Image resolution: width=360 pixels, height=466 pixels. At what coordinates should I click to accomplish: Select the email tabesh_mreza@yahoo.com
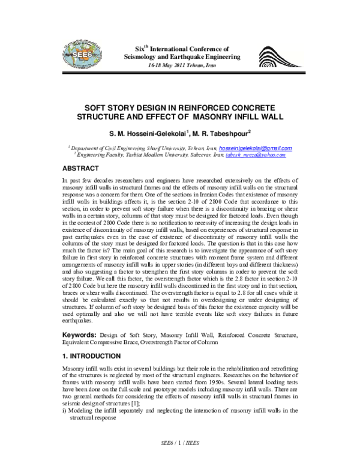pyautogui.click(x=256, y=154)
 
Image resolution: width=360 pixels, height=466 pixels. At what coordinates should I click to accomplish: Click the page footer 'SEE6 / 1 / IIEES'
pyautogui.click(x=180, y=457)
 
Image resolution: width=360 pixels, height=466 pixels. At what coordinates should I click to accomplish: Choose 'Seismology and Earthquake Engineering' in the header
pyautogui.click(x=181, y=56)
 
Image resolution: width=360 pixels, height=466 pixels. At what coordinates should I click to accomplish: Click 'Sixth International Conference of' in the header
pyautogui.click(x=182, y=46)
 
